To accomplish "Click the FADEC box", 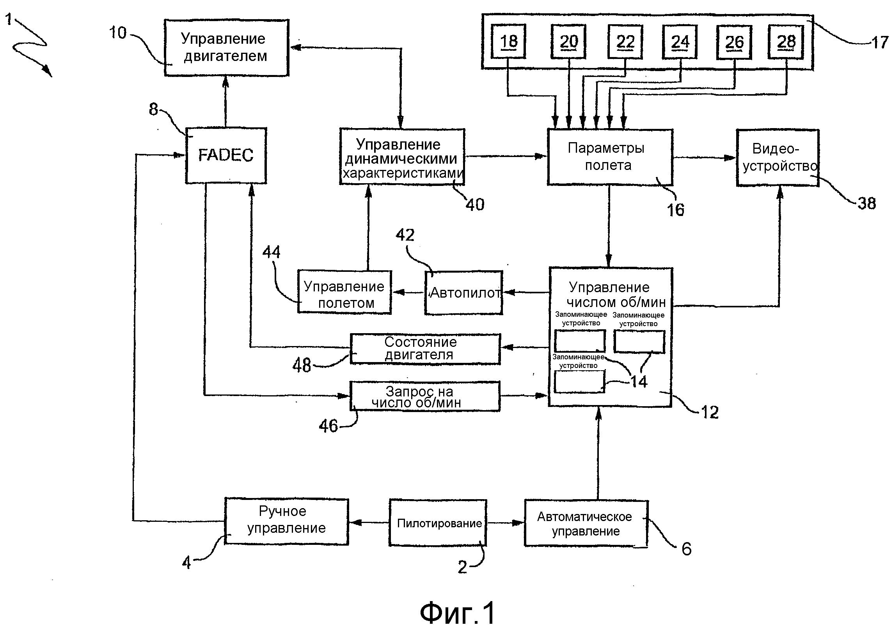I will point(226,155).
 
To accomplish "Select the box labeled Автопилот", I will point(463,293).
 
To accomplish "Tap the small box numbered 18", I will point(508,41).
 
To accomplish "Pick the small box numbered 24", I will point(680,41).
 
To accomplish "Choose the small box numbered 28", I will point(786,41).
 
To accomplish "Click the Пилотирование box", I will point(438,523).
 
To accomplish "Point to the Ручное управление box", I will point(286,521).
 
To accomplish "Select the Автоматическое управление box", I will point(586,523).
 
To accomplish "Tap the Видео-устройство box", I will point(778,158).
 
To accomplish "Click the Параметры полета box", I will point(610,157).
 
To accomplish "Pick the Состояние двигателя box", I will point(425,349).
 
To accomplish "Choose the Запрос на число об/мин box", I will point(425,396).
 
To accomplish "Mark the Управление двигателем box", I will point(226,48).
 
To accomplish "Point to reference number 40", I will point(475,204).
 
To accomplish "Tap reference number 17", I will point(879,42).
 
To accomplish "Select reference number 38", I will point(866,203).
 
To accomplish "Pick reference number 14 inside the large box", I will point(639,381).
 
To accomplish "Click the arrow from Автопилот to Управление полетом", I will point(408,292).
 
